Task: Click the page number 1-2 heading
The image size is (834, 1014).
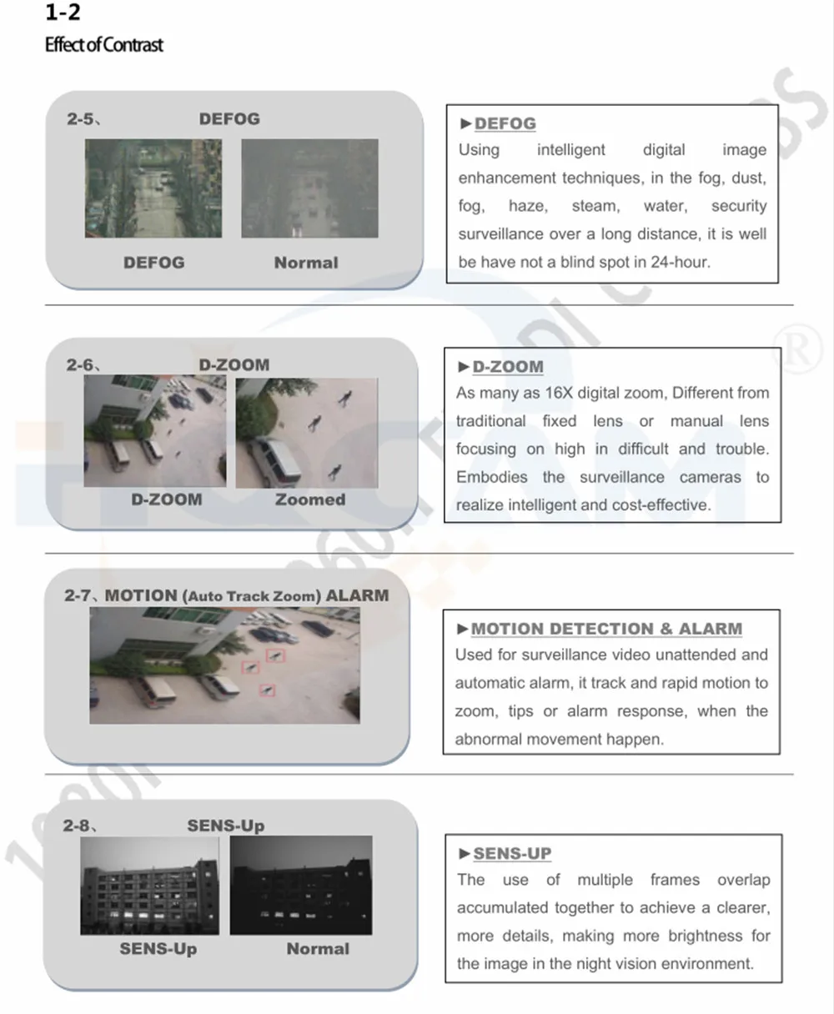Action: coord(63,12)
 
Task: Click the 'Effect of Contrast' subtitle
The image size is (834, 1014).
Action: coord(104,45)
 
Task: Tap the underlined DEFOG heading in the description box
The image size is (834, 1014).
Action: coord(505,123)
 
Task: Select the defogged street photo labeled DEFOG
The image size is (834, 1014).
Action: coord(153,188)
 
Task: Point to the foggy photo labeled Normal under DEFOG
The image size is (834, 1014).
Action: coord(309,188)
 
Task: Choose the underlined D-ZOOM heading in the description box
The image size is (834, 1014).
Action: coord(508,367)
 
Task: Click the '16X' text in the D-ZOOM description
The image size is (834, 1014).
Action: coord(559,393)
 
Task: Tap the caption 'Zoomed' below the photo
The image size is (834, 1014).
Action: coord(310,499)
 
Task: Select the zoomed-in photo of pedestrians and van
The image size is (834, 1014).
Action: coord(307,433)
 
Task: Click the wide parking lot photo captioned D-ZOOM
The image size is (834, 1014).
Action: coord(155,431)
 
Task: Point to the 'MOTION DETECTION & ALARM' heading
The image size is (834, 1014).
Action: coord(606,629)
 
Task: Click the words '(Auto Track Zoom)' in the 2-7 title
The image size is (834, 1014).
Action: coord(252,596)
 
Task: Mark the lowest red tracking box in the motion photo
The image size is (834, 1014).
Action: coord(268,690)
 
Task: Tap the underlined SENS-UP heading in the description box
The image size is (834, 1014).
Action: coord(512,853)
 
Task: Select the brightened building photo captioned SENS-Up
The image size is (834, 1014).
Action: coord(149,886)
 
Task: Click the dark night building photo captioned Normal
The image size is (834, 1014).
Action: coord(301,885)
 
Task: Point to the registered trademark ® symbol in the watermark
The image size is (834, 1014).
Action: coord(797,350)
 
